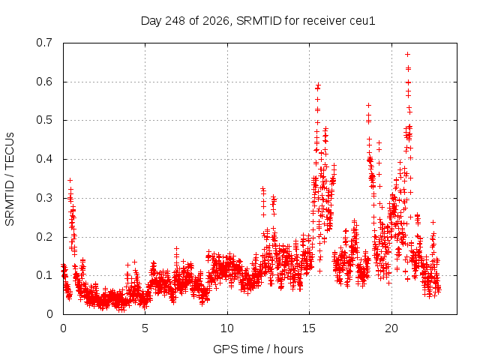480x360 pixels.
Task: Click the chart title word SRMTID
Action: [x=259, y=21]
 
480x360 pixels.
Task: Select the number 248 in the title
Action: [x=175, y=21]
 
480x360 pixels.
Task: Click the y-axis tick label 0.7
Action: [x=44, y=43]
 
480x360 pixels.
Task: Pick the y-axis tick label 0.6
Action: [x=44, y=82]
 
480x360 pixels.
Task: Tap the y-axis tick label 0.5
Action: [x=44, y=120]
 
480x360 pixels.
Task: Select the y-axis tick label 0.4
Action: [x=44, y=159]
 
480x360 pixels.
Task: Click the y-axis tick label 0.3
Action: [x=44, y=198]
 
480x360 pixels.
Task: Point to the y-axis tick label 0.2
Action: [x=44, y=237]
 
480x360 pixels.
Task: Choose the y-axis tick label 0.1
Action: [x=44, y=275]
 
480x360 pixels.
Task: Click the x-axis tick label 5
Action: [x=145, y=328]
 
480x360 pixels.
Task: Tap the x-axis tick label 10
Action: [x=227, y=328]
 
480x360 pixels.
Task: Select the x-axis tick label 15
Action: [x=309, y=328]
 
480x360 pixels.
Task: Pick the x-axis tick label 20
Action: [x=391, y=328]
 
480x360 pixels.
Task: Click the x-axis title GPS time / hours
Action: [x=258, y=349]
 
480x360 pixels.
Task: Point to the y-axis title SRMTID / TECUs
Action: [x=10, y=179]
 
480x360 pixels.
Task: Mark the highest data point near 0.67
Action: [x=407, y=55]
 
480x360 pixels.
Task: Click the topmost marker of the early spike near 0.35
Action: [x=70, y=180]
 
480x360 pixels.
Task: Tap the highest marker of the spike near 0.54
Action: [x=368, y=105]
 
